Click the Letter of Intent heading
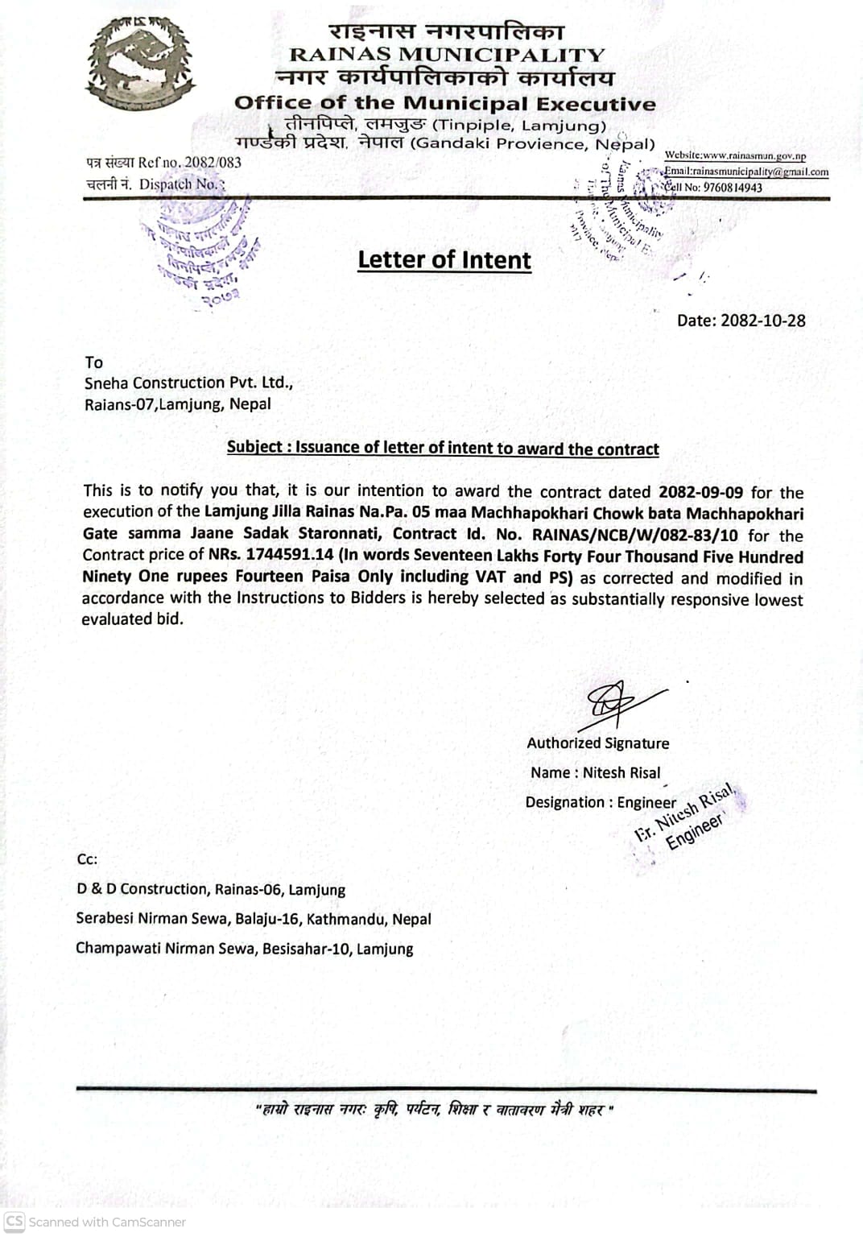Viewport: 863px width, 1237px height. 444,259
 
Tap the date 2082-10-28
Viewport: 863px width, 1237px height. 762,321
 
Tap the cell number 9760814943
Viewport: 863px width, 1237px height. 733,188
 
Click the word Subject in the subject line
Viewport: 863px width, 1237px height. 254,448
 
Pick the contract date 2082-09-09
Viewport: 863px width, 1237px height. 700,492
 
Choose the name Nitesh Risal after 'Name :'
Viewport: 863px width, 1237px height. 621,773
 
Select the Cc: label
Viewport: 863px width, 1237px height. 87,859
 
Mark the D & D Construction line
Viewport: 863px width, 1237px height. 210,890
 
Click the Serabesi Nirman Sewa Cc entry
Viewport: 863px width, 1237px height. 253,919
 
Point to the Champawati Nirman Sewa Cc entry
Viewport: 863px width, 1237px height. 244,949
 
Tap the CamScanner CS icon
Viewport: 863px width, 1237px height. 14,1221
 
